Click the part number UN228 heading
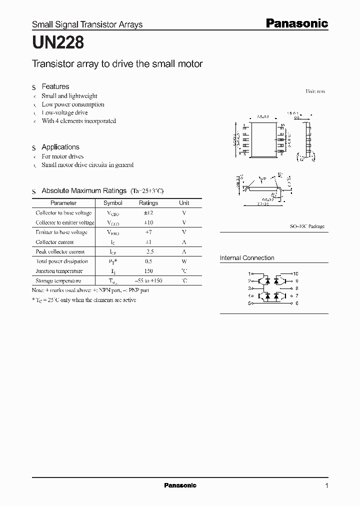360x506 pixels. [x=58, y=43]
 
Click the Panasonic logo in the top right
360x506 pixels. [x=296, y=23]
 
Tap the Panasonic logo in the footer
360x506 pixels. [x=180, y=485]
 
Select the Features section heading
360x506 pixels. [x=55, y=86]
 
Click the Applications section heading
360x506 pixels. [x=60, y=147]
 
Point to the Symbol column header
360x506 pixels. [x=112, y=203]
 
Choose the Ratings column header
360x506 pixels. [x=148, y=203]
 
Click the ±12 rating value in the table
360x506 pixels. [x=148, y=213]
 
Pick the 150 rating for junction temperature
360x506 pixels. [x=148, y=271]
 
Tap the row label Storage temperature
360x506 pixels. [x=59, y=281]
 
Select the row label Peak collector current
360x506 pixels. [x=60, y=252]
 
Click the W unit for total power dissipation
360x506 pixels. [x=184, y=261]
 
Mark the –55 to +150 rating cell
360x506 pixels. [x=148, y=281]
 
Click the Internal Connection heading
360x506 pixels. [x=247, y=258]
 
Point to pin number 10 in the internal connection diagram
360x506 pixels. [x=295, y=274]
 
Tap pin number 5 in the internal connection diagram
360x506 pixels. [x=249, y=303]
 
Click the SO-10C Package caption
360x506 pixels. [x=307, y=226]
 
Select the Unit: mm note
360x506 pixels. [x=315, y=91]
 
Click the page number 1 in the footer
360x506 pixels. [x=326, y=485]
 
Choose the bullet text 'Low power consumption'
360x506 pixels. [x=73, y=104]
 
